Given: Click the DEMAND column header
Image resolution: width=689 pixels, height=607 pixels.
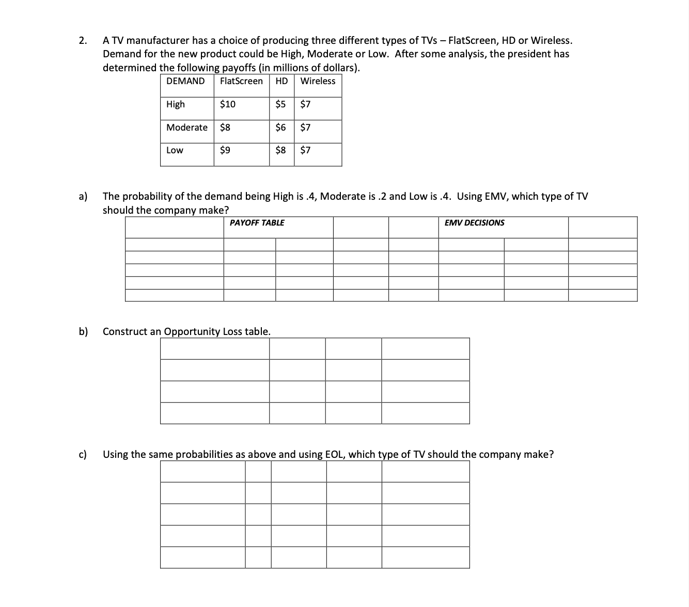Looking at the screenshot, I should pos(185,81).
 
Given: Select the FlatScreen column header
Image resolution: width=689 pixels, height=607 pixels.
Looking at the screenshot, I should pos(241,81).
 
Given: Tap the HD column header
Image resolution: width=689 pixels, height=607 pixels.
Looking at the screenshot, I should pos(281,81).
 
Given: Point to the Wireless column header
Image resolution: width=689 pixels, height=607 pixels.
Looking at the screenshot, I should pos(318,81).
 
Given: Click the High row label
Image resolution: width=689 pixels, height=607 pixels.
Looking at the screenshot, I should pos(176,104).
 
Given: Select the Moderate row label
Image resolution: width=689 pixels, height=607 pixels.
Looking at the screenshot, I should pos(187,127).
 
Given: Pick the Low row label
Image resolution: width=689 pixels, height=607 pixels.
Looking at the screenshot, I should pos(175,151).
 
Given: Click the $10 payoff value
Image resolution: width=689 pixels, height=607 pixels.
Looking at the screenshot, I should pos(228,104).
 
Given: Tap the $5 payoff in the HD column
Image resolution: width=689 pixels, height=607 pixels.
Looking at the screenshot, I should pos(280,104).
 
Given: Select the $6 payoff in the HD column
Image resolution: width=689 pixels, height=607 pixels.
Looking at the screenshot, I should pos(280,127).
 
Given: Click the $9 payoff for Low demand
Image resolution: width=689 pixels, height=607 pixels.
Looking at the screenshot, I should pos(225,151).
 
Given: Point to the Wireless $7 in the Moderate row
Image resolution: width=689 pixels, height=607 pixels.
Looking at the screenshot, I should pos(306,127).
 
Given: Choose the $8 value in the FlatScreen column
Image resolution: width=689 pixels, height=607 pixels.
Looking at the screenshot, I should pos(225,127).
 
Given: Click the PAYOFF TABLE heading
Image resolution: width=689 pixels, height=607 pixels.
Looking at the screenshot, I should pos(257,223).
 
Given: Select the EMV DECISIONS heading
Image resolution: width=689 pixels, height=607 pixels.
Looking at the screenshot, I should pos(474,223).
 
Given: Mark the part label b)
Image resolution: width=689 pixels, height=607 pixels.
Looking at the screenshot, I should pos(83,331).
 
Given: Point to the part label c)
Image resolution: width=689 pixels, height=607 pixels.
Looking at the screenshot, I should pos(83,454).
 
